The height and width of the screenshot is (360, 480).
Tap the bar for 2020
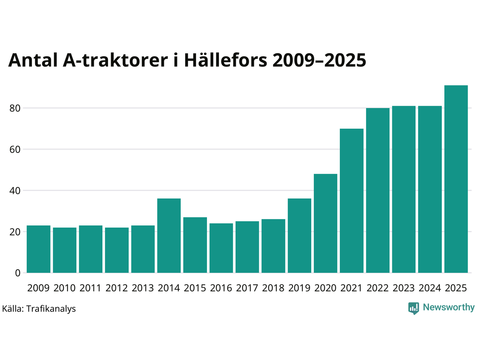pos(325,223)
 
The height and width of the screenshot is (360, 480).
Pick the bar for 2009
pos(39,249)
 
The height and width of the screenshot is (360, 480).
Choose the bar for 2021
pos(352,201)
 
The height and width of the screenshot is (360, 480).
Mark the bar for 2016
pos(221,248)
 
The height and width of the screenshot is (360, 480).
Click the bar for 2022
pos(378,190)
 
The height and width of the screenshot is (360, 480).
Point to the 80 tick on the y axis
pos(15,108)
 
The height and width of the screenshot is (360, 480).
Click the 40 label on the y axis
pos(15,190)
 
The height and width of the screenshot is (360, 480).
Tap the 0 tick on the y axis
pos(18,273)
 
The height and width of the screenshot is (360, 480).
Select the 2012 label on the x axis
pos(117,288)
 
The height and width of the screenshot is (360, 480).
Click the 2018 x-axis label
pos(273,288)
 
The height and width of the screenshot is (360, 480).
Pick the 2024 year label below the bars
pos(430,288)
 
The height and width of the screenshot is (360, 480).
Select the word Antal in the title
pos(33,60)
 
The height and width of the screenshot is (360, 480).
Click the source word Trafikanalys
pos(51,309)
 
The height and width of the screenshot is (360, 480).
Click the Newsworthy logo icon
pos(414,308)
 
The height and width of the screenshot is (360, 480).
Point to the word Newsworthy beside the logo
pos(448,307)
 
